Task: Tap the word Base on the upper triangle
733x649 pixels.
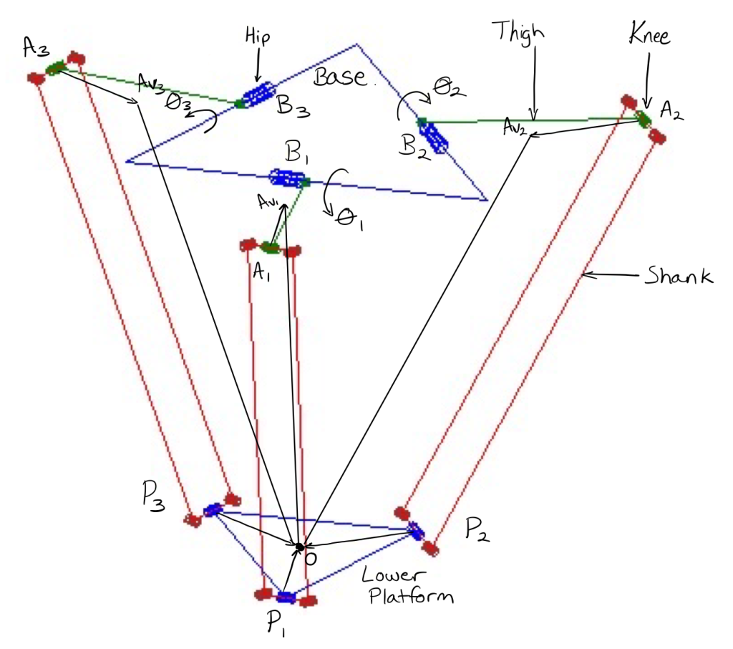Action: [x=341, y=77]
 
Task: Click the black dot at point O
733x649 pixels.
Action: [x=299, y=546]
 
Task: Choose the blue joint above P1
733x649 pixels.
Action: [x=286, y=597]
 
